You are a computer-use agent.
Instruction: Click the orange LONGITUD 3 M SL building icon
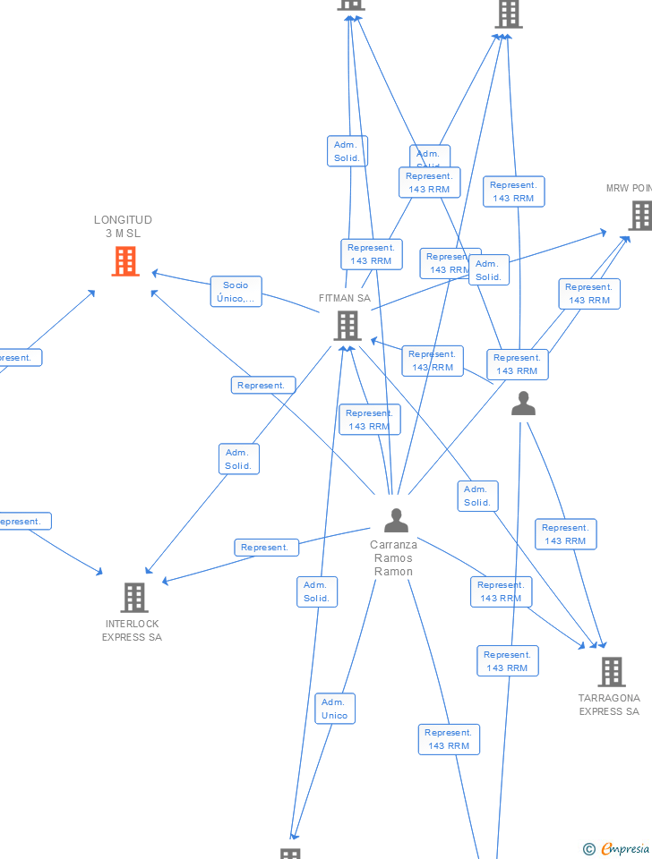point(125,261)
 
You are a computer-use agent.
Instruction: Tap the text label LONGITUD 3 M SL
point(123,226)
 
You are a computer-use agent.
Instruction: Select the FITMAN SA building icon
point(347,326)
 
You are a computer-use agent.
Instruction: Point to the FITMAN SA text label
point(344,298)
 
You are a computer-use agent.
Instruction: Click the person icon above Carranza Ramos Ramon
point(396,519)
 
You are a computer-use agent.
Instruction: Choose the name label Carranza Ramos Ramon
point(394,557)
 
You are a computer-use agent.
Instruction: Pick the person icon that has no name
point(523,404)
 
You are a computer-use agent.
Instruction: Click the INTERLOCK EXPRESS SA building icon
point(133,597)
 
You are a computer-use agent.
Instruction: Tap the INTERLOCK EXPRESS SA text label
point(132,631)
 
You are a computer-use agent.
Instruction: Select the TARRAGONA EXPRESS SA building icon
point(611,671)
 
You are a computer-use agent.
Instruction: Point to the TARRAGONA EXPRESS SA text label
point(609,705)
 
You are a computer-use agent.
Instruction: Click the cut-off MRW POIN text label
point(629,188)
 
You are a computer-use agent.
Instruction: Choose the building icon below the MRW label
point(639,216)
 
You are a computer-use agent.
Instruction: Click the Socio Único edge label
point(236,292)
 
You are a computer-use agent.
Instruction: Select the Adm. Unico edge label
point(334,709)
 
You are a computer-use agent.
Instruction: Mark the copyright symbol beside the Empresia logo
point(589,849)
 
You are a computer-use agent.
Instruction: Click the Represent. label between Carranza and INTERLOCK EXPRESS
point(265,548)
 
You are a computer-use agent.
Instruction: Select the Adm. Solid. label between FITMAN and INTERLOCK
point(238,459)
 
